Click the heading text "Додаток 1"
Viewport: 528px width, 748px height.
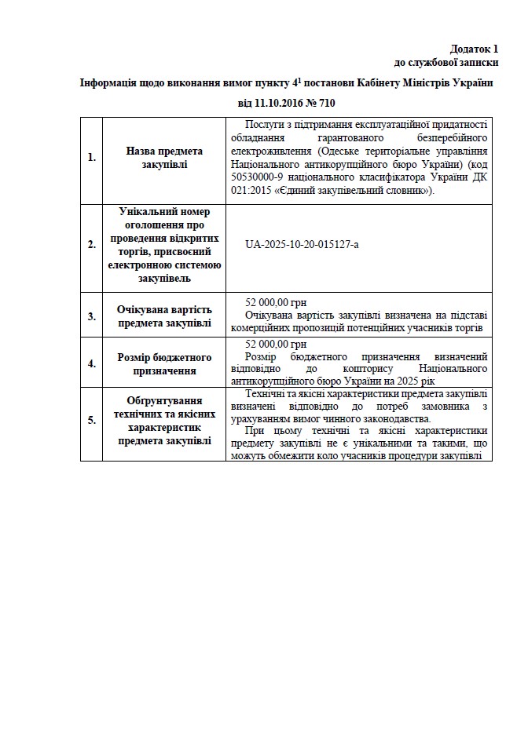(475, 49)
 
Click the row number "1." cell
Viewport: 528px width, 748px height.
(91, 157)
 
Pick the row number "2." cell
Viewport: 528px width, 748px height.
(91, 244)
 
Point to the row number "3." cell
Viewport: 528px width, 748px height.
(91, 316)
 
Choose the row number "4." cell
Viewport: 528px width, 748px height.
(91, 363)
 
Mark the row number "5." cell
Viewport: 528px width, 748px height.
(91, 420)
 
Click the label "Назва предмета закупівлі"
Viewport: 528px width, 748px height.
(163, 157)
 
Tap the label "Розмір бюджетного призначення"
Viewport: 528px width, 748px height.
(163, 363)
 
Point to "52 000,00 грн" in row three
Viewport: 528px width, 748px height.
(276, 302)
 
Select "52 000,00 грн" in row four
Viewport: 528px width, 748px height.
(276, 345)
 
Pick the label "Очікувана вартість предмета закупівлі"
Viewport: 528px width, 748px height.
(163, 316)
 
